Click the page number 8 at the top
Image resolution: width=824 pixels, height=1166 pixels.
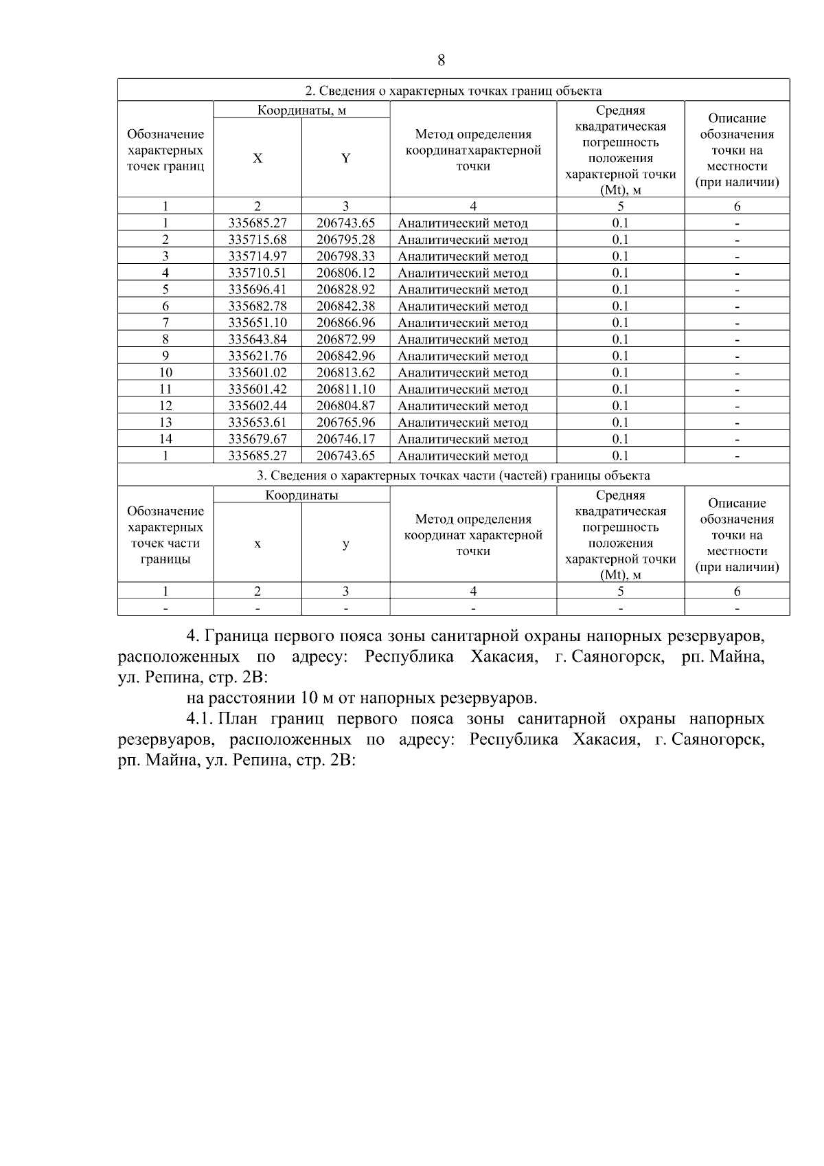pyautogui.click(x=441, y=60)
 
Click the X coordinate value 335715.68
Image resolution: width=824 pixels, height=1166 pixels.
pyautogui.click(x=257, y=240)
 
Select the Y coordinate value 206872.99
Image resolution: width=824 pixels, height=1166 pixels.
pyautogui.click(x=345, y=339)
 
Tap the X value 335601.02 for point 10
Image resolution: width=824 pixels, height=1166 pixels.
pyautogui.click(x=257, y=372)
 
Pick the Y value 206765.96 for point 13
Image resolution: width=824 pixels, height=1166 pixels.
pyautogui.click(x=345, y=423)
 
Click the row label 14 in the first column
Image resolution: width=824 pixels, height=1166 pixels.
pyautogui.click(x=165, y=439)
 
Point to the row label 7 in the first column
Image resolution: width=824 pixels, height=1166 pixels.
pyautogui.click(x=165, y=323)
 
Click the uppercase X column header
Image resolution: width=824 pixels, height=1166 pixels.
pyautogui.click(x=257, y=159)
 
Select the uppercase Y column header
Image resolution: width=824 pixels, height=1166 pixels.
pyautogui.click(x=345, y=159)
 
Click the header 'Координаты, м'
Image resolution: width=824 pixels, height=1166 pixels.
pyautogui.click(x=301, y=110)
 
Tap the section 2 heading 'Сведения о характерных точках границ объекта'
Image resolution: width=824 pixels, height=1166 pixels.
pyautogui.click(x=453, y=91)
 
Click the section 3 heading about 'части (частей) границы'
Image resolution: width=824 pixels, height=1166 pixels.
pyautogui.click(x=453, y=475)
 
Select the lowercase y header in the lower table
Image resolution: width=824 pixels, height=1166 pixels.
pyautogui.click(x=345, y=544)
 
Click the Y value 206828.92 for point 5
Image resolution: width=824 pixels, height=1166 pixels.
pyautogui.click(x=345, y=289)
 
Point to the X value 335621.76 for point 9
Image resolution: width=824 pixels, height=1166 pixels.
pyautogui.click(x=257, y=356)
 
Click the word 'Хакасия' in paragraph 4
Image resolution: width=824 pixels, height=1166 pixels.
pyautogui.click(x=503, y=657)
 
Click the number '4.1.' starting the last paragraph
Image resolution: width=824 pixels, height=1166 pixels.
pyautogui.click(x=201, y=719)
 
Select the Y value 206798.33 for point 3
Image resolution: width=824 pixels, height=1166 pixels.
pyautogui.click(x=345, y=256)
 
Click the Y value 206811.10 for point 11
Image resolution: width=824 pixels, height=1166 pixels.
pyautogui.click(x=345, y=389)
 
